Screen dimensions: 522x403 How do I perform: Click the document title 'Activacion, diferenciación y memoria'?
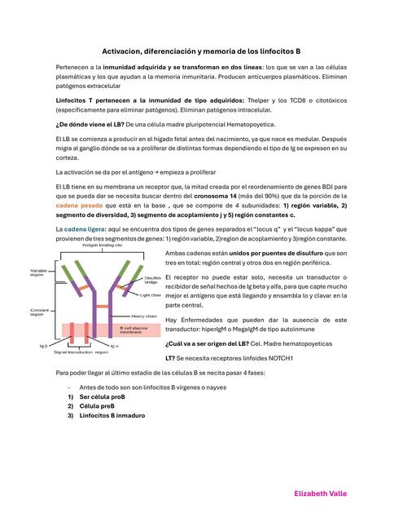tap(201, 50)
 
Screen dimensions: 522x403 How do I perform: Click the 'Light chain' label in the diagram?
tap(151, 294)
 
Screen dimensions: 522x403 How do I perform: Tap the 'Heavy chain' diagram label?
tap(144, 316)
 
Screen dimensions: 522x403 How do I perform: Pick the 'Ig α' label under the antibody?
tap(114, 346)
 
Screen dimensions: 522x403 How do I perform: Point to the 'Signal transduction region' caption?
tap(81, 352)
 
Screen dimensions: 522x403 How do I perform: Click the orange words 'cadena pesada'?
tap(78, 207)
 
